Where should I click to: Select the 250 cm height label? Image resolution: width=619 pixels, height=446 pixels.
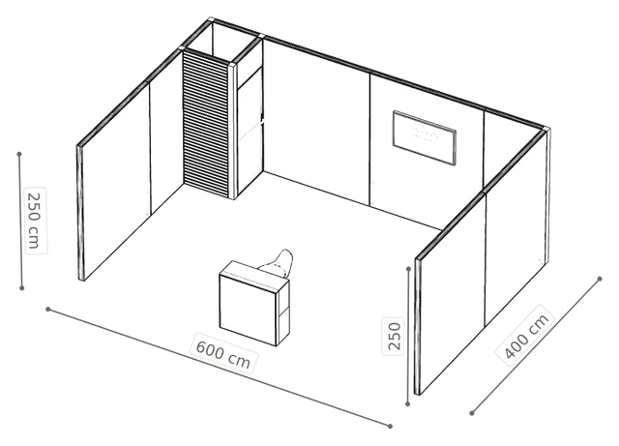[x=35, y=220]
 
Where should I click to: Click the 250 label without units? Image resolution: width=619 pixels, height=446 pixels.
[x=394, y=336]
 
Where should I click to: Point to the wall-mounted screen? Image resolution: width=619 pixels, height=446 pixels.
[x=425, y=138]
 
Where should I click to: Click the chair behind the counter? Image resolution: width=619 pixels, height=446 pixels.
[x=278, y=263]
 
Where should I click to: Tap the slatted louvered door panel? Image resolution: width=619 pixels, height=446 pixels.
[x=206, y=124]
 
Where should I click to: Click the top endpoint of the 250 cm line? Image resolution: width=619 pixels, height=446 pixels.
[x=19, y=154]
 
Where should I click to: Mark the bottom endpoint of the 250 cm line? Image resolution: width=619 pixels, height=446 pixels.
[x=22, y=288]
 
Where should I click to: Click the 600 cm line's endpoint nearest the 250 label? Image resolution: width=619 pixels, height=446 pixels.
[x=390, y=426]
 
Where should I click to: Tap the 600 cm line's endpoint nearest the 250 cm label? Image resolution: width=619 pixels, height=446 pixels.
[x=47, y=309]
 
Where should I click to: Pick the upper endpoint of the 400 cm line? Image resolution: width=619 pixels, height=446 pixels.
[x=600, y=279]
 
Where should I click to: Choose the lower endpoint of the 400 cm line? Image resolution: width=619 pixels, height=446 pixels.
[x=472, y=413]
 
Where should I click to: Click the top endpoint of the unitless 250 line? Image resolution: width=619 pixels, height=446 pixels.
[x=409, y=269]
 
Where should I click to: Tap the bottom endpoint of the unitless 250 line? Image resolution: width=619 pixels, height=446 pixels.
[x=408, y=403]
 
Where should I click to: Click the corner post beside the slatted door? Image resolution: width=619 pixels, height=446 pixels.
[x=233, y=132]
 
